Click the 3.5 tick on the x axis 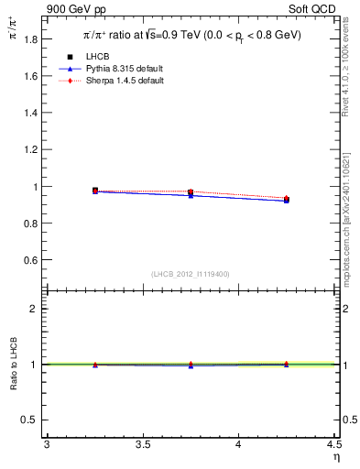point(142,444)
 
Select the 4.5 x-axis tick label point(333,444)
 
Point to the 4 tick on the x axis point(238,444)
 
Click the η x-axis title point(336,457)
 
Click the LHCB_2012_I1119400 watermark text point(190,274)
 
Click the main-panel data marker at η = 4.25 point(287,199)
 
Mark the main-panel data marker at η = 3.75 point(191,192)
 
